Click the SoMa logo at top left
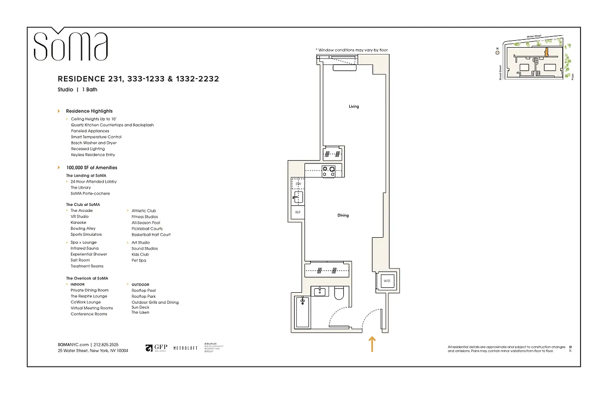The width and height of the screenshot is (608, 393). pyautogui.click(x=70, y=45)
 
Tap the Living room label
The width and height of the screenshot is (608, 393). pyautogui.click(x=354, y=107)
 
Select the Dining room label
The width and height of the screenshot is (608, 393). pyautogui.click(x=343, y=216)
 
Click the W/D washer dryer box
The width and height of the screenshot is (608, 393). pyautogui.click(x=387, y=281)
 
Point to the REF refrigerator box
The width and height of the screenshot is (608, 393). pyautogui.click(x=298, y=213)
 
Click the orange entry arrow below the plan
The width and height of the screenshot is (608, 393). pyautogui.click(x=372, y=344)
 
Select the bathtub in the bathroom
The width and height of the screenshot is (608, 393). pyautogui.click(x=302, y=312)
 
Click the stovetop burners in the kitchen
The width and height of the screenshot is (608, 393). pyautogui.click(x=328, y=171)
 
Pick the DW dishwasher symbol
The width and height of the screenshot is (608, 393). pyautogui.click(x=298, y=184)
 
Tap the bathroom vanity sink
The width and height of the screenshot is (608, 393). pyautogui.click(x=320, y=291)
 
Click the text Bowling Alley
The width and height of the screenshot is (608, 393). pyautogui.click(x=83, y=228)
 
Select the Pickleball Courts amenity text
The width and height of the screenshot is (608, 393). pyautogui.click(x=147, y=228)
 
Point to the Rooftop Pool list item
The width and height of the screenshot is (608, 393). pyautogui.click(x=144, y=290)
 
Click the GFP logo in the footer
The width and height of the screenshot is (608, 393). pyautogui.click(x=156, y=348)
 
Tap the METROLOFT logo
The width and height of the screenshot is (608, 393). pyautogui.click(x=185, y=348)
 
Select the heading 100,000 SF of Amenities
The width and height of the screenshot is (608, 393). pyautogui.click(x=91, y=168)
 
